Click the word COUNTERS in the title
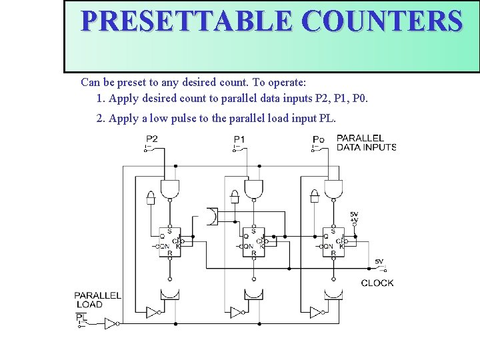(381, 21)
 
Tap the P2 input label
(152, 139)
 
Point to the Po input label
(319, 139)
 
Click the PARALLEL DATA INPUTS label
(366, 143)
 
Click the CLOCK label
(377, 283)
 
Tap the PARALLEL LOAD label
(97, 299)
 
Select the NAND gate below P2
(170, 189)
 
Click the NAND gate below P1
(253, 189)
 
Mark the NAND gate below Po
(333, 189)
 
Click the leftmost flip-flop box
(169, 241)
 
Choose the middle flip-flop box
(253, 241)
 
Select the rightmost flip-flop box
(333, 241)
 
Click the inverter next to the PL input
(111, 323)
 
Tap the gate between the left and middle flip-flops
(211, 217)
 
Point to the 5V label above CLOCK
(379, 262)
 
